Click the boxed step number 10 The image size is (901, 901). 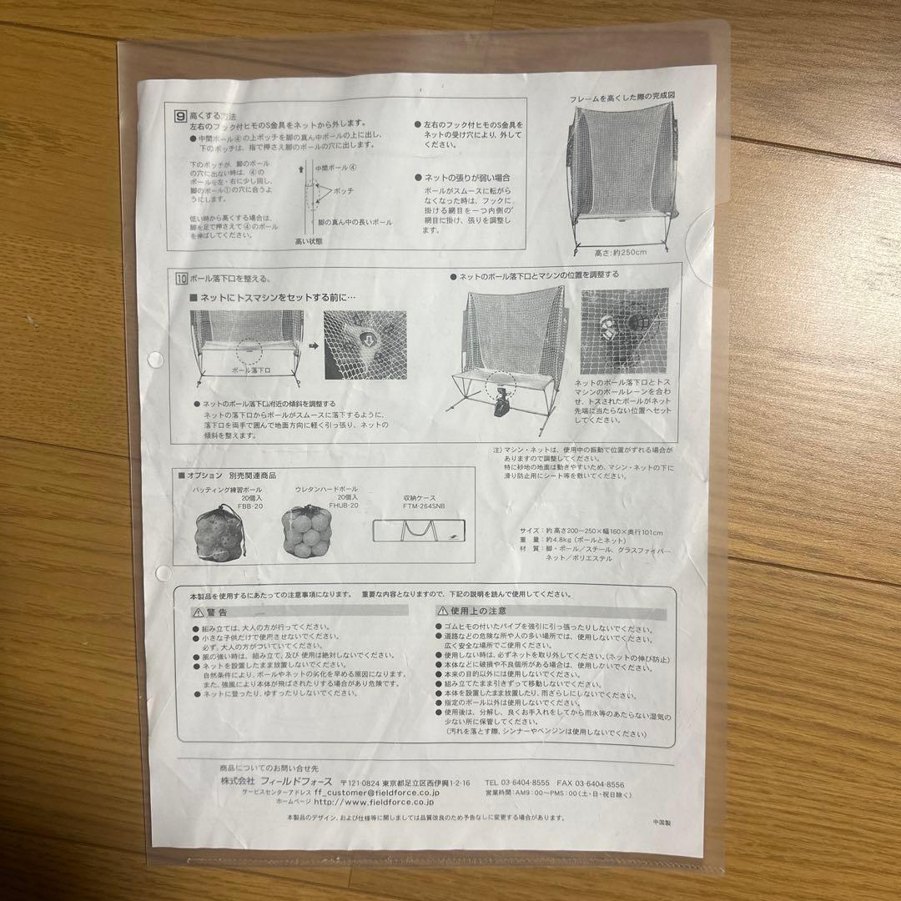click(181, 279)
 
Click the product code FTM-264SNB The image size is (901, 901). click(423, 506)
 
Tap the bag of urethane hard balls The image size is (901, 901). click(307, 533)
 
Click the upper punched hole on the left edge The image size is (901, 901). click(156, 360)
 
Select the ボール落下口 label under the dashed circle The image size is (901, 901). click(248, 366)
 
